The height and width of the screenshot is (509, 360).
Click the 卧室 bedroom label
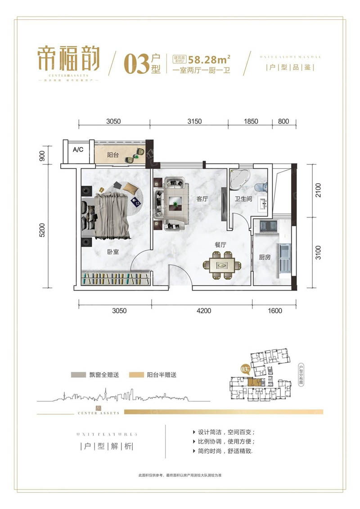click(113, 252)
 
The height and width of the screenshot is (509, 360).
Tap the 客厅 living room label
click(202, 199)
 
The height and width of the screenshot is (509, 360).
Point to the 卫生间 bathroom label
click(243, 199)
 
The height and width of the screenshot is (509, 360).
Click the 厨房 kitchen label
click(265, 258)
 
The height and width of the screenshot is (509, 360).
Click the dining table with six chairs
click(220, 266)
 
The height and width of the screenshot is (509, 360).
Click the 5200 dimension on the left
click(42, 230)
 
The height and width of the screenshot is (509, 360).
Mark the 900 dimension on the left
click(42, 156)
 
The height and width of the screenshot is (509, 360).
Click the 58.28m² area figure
click(210, 59)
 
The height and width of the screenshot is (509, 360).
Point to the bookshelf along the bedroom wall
click(115, 279)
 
